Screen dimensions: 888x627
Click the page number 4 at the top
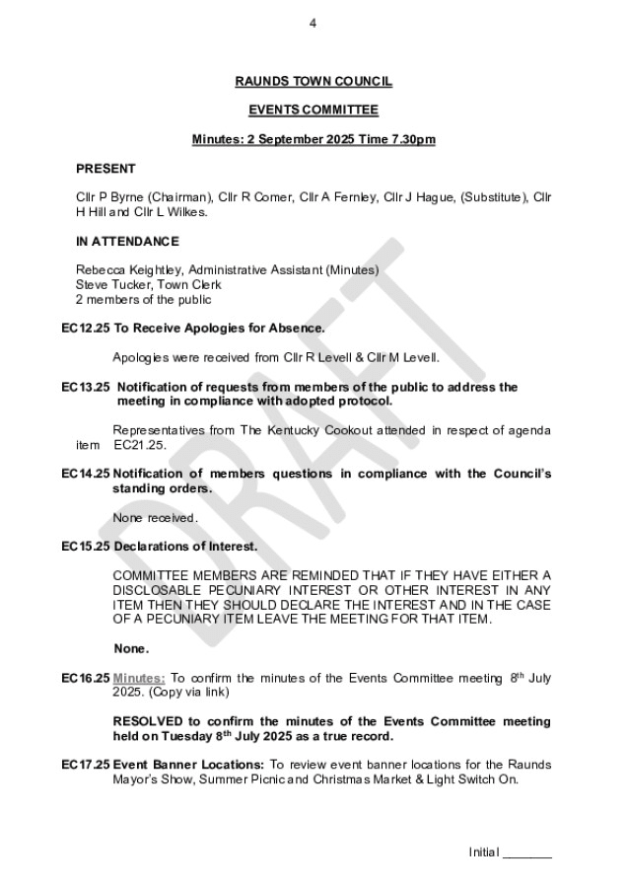(313, 25)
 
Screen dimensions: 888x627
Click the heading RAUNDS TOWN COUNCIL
(313, 83)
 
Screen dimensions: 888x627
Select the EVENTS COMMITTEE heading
(313, 111)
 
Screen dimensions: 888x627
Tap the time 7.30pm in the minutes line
(411, 140)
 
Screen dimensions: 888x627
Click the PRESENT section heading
(105, 169)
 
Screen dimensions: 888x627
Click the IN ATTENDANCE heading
(127, 241)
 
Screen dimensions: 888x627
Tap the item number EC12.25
(85, 328)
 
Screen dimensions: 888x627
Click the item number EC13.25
(85, 387)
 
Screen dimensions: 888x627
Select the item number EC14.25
(85, 474)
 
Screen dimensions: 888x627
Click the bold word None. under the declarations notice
(132, 648)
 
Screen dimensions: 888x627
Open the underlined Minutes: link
(139, 678)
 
